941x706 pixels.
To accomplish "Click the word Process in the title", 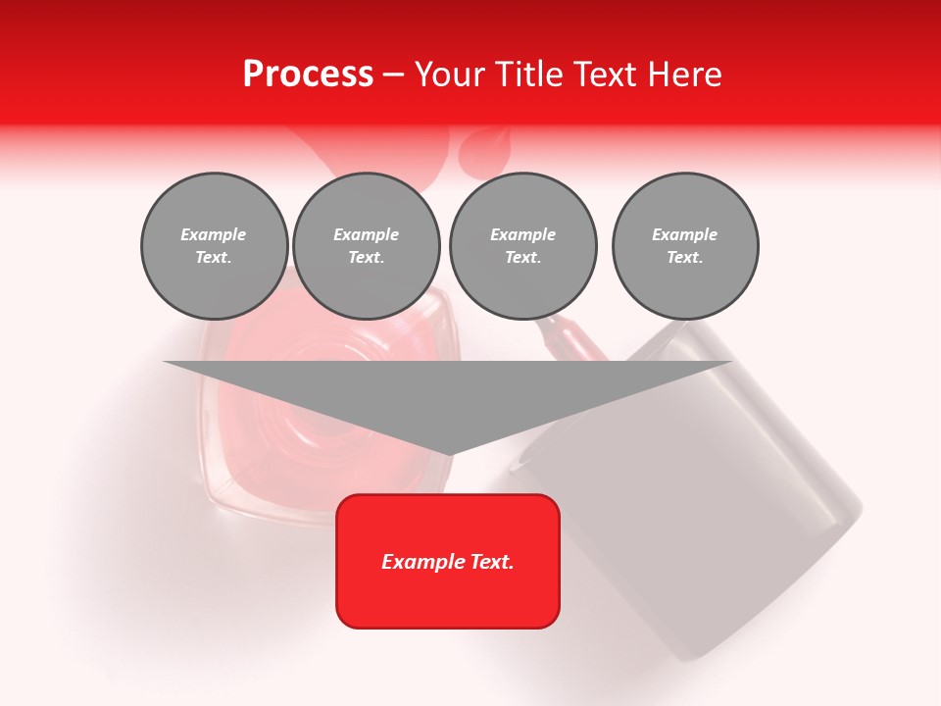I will click(x=308, y=74).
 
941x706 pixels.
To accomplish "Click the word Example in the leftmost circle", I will click(x=214, y=234).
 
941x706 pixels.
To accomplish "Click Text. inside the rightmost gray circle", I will click(x=685, y=257).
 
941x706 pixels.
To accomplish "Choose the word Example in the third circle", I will click(x=522, y=234).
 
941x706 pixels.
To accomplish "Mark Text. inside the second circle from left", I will click(x=366, y=257).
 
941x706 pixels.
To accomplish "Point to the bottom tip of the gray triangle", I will click(x=447, y=454).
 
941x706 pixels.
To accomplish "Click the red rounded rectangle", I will click(x=447, y=598).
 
